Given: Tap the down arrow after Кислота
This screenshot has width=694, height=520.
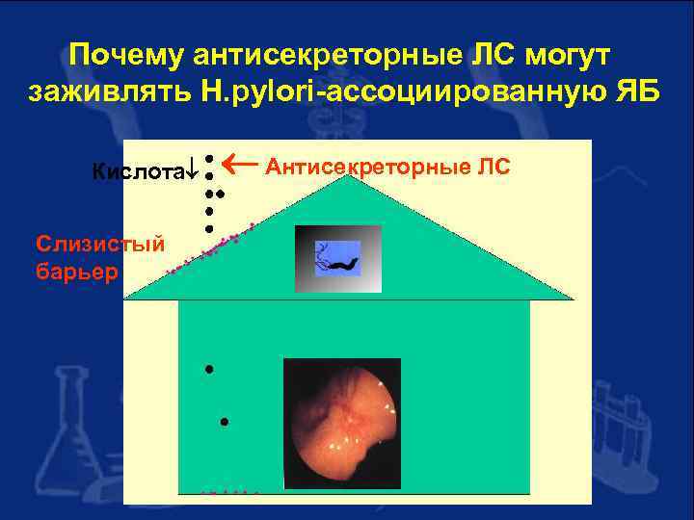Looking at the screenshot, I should point(191,172).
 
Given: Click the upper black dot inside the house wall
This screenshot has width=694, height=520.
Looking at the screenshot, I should point(207,369).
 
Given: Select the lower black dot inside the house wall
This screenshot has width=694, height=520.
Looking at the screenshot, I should point(223,422).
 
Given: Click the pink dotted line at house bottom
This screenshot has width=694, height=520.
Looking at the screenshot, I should point(229,491).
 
